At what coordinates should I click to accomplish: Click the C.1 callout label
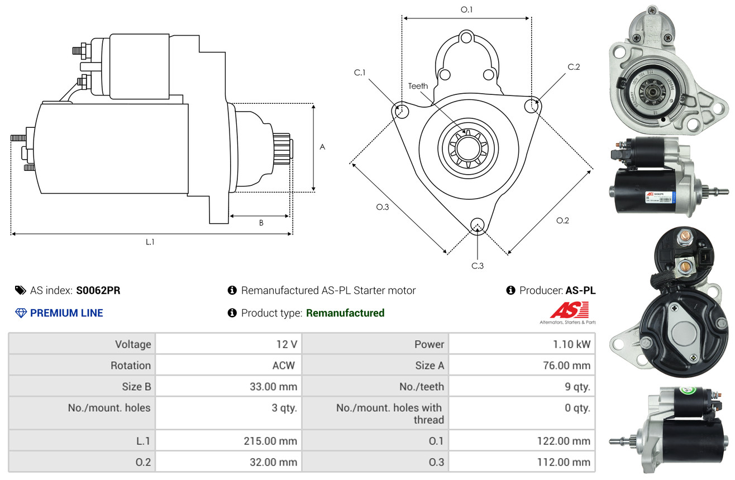click(x=359, y=73)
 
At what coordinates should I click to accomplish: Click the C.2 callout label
click(x=574, y=67)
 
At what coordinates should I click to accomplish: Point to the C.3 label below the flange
click(x=477, y=266)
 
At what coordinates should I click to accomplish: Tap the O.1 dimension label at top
click(x=466, y=9)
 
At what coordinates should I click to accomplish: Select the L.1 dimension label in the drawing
click(x=150, y=242)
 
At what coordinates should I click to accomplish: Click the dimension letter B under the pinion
click(x=261, y=223)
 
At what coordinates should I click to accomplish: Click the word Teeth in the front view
click(x=418, y=86)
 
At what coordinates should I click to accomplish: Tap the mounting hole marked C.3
click(x=477, y=225)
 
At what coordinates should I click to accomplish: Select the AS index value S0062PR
click(x=98, y=290)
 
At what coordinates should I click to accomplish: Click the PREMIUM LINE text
click(x=66, y=313)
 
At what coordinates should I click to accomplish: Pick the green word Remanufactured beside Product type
click(x=345, y=313)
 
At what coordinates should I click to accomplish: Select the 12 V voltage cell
click(x=286, y=344)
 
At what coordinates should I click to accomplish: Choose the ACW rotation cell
click(x=283, y=366)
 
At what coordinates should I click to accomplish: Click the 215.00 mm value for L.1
click(x=270, y=441)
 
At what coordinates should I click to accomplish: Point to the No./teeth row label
click(x=422, y=386)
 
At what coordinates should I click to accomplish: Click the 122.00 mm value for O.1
click(x=564, y=441)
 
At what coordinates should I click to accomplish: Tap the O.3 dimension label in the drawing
click(x=382, y=207)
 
